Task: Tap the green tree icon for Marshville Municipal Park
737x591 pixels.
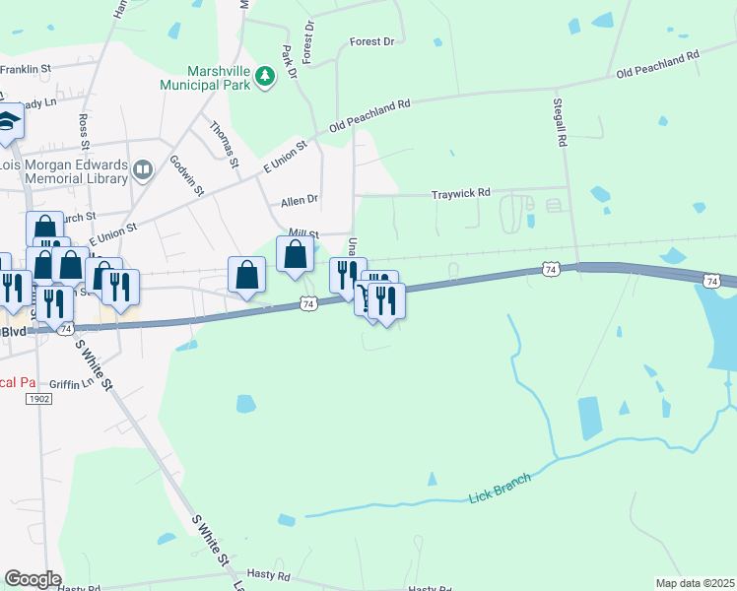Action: (x=265, y=75)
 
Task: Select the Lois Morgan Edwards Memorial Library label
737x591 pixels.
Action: (x=64, y=171)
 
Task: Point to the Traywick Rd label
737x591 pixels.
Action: (x=460, y=195)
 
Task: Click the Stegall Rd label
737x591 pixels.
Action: (x=560, y=123)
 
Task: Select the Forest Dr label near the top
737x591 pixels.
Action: (x=371, y=42)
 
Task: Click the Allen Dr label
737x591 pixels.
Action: (x=300, y=200)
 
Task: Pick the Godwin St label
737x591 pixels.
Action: (x=185, y=175)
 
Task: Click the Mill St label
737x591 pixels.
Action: (x=301, y=233)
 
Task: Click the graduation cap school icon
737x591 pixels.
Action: (x=8, y=121)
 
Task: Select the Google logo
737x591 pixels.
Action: (x=33, y=579)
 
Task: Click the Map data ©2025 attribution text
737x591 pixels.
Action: (x=695, y=583)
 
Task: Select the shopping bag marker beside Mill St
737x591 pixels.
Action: (x=296, y=256)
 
